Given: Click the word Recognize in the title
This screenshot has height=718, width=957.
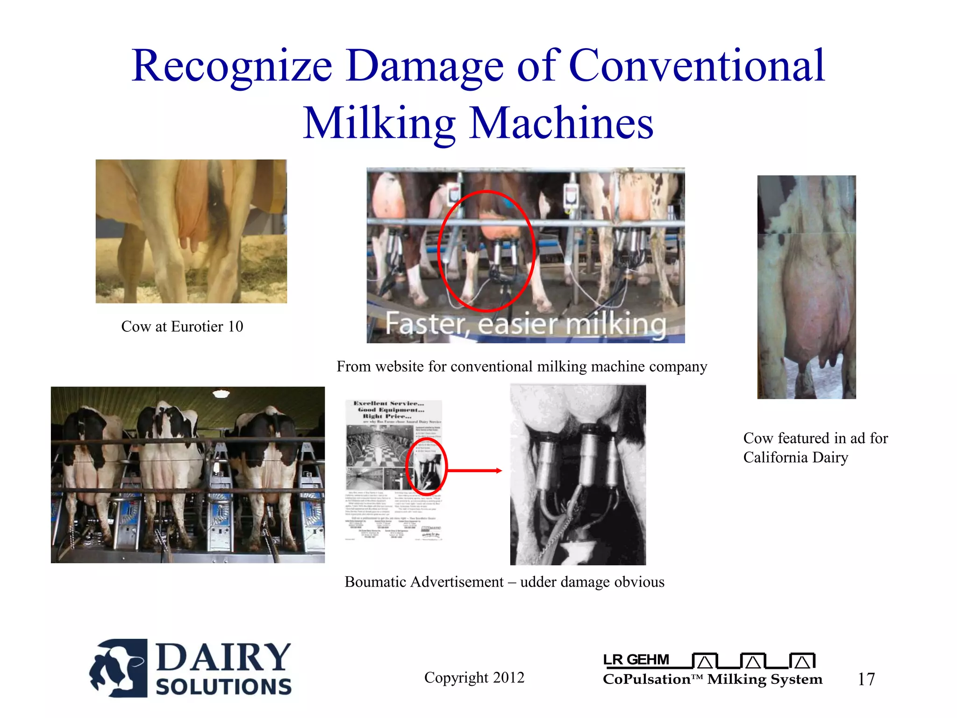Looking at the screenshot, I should point(232,66).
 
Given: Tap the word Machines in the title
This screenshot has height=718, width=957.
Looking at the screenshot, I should point(561,123).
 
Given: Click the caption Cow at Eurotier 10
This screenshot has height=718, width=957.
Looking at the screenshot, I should point(182,326).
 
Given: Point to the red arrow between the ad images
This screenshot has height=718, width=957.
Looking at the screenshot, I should point(474,471).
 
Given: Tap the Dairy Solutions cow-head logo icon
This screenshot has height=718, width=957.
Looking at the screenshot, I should point(119,668).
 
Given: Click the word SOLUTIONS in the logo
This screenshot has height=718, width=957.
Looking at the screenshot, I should point(224,687).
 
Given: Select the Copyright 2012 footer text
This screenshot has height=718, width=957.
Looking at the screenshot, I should point(474,677).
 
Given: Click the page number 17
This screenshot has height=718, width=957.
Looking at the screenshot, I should point(866,679).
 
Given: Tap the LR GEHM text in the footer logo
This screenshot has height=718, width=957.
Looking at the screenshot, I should point(636,660).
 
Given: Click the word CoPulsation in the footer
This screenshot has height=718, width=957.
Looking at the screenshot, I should point(647,679).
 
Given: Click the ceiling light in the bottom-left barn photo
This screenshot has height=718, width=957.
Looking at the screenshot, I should point(221,394).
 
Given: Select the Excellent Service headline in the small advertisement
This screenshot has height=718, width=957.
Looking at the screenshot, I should point(389,403).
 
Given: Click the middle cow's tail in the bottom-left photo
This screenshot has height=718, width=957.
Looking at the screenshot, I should point(171,449).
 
